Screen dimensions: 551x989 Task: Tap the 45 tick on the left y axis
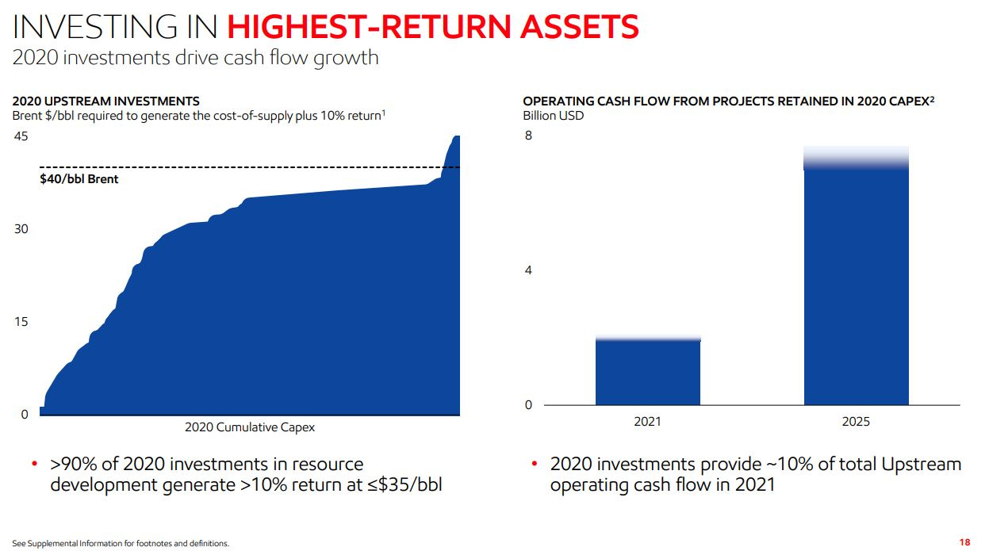tap(21, 136)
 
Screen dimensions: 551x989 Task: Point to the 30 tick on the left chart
tap(21, 229)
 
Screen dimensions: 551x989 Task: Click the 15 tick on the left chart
tap(21, 322)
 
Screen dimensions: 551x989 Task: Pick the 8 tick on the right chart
tap(528, 136)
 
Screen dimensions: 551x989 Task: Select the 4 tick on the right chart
tap(528, 270)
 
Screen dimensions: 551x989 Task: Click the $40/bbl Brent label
tap(79, 179)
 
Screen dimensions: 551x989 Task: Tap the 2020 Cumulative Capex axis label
tap(250, 427)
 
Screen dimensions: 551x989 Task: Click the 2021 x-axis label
tap(647, 421)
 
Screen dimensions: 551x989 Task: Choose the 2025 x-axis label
tap(856, 421)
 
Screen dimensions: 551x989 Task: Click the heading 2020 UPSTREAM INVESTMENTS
tap(105, 101)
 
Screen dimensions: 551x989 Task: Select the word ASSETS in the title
tap(580, 27)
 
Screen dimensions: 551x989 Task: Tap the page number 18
tap(964, 542)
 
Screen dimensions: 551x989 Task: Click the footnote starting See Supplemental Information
tap(121, 543)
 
